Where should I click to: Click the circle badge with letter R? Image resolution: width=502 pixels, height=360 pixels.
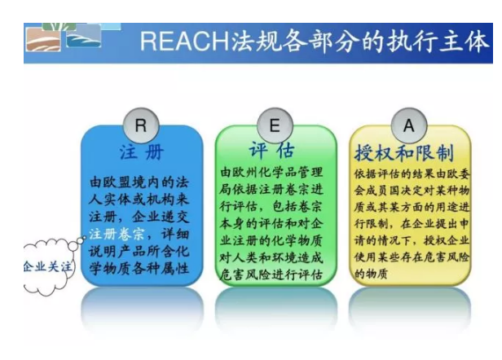click(141, 125)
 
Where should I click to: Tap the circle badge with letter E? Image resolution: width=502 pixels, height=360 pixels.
click(275, 125)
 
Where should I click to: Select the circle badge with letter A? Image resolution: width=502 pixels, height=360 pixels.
click(409, 125)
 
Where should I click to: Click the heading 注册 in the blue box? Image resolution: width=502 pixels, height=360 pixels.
click(142, 152)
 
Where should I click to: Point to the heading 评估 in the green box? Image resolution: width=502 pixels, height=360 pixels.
click(272, 150)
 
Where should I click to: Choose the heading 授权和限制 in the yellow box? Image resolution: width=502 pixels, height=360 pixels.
click(404, 152)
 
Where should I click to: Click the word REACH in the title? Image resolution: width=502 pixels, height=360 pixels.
click(184, 42)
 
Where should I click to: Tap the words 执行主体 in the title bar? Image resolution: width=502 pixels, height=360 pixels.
click(438, 42)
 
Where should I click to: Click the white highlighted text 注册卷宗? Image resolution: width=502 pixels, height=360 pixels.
click(117, 235)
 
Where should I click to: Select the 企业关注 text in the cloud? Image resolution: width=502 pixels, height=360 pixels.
click(48, 266)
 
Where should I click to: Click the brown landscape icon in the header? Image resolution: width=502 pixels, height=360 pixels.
click(43, 40)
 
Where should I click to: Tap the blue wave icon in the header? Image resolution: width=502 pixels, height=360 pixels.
click(84, 37)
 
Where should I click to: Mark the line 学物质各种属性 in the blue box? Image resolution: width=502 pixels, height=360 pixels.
click(139, 269)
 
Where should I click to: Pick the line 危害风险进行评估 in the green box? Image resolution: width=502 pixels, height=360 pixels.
click(271, 274)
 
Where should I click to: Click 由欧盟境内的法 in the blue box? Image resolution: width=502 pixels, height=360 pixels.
click(139, 182)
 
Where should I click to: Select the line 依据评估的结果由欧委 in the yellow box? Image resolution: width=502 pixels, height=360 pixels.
click(412, 174)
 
